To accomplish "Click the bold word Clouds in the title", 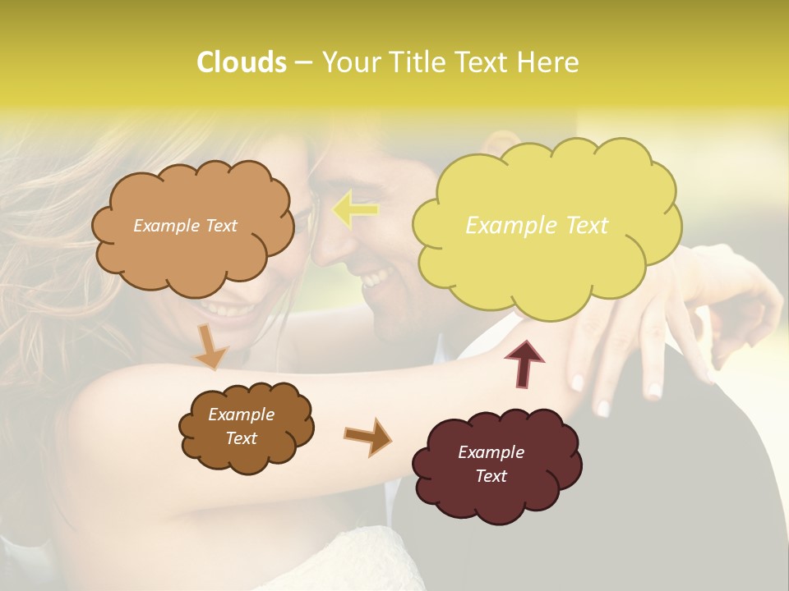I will (x=241, y=62).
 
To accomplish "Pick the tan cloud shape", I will (x=193, y=254).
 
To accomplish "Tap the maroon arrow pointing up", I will (x=525, y=364).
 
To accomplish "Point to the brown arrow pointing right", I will (x=367, y=436).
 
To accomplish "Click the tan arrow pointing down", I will (x=210, y=347).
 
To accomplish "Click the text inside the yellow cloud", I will (x=537, y=226).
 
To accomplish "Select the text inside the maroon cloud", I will (x=491, y=464).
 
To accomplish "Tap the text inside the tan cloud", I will (x=185, y=226).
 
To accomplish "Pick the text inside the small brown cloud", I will (x=241, y=426).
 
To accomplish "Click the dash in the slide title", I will (x=302, y=63).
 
